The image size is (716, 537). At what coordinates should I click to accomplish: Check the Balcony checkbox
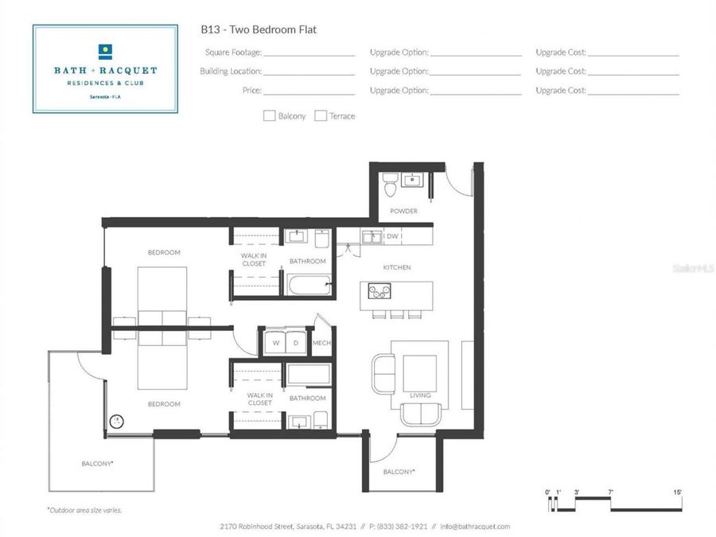[269, 116]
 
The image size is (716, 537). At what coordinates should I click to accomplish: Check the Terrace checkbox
[321, 116]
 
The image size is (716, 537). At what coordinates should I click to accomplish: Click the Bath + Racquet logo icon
[106, 52]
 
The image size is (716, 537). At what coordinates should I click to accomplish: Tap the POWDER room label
[403, 211]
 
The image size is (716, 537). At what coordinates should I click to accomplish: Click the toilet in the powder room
[390, 184]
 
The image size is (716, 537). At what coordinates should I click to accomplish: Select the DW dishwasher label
[392, 236]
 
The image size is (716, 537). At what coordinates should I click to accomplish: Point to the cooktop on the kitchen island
[379, 291]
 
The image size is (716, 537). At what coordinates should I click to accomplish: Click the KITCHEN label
[397, 267]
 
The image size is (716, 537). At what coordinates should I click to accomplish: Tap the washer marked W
[275, 342]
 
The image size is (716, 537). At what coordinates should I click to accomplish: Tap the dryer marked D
[296, 342]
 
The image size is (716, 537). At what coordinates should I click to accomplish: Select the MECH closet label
[321, 342]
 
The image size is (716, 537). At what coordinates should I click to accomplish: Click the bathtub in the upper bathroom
[309, 285]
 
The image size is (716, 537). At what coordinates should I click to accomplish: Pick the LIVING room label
[420, 395]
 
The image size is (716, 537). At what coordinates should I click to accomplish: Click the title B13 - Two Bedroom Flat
[259, 29]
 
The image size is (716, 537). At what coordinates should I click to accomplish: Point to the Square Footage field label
[233, 52]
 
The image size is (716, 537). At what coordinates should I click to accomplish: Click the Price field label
[252, 91]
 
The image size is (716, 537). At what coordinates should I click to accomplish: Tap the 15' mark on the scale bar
[677, 492]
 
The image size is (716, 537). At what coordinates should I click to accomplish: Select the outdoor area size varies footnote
[84, 510]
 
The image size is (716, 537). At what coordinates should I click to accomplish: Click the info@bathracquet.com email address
[475, 527]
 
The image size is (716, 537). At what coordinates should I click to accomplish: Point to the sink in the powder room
[412, 180]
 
